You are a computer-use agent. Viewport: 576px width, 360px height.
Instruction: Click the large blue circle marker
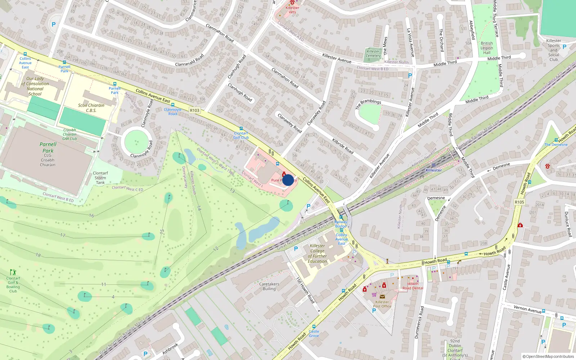[288, 180]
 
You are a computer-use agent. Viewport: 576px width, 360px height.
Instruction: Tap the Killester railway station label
[433, 170]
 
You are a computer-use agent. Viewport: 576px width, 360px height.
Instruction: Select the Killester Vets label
[292, 10]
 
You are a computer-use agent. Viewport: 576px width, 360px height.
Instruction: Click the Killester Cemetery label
[373, 54]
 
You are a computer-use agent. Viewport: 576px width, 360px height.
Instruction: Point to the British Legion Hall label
[487, 48]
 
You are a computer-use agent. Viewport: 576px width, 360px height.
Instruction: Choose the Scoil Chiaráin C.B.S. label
[91, 108]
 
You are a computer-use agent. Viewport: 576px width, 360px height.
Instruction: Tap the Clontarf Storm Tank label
[100, 178]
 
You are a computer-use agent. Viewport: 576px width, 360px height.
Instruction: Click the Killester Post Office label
[382, 304]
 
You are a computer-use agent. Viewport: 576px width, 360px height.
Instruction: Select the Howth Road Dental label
[413, 286]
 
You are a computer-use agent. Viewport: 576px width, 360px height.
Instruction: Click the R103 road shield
[194, 111]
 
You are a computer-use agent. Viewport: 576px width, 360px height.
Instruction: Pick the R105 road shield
[519, 202]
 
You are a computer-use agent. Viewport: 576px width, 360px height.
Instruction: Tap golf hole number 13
[232, 190]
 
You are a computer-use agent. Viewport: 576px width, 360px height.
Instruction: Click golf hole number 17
[63, 235]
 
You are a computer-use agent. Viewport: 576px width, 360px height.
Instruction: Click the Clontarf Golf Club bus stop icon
[241, 129]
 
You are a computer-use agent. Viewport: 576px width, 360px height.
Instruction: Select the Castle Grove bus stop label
[314, 333]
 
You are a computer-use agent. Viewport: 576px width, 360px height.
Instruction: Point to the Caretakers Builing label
[269, 286]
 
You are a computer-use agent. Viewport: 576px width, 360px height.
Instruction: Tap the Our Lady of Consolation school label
[35, 86]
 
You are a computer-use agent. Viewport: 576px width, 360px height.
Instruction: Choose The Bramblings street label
[368, 104]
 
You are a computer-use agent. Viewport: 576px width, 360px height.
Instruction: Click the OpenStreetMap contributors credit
[548, 356]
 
